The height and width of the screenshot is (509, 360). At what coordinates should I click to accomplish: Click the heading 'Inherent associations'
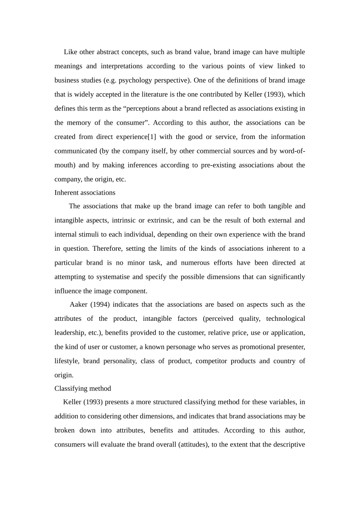[x=85, y=193]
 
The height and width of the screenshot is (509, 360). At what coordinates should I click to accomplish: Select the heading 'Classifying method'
[x=83, y=389]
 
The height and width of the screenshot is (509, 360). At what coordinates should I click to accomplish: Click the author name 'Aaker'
[x=78, y=304]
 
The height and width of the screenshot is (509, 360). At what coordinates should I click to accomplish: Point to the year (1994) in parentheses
[x=100, y=304]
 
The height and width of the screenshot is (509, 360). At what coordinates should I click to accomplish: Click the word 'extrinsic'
[x=160, y=220]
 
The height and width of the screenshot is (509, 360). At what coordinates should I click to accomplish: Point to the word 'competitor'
[x=211, y=361]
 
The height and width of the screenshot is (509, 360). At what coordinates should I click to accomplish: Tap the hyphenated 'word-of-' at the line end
[x=292, y=151]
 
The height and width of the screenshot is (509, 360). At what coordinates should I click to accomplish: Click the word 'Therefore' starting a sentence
[x=107, y=248]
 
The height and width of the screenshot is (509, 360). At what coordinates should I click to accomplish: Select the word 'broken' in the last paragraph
[x=64, y=430]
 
